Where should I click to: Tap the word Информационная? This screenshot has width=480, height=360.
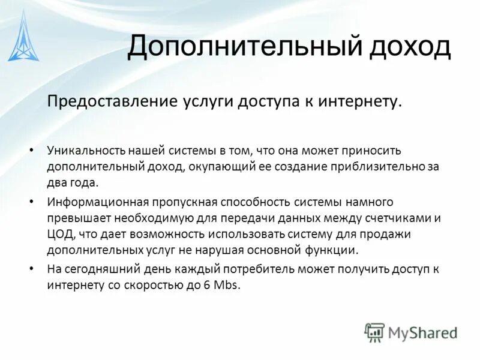(x=92, y=202)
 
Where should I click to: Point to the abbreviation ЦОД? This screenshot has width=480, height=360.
(x=59, y=234)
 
